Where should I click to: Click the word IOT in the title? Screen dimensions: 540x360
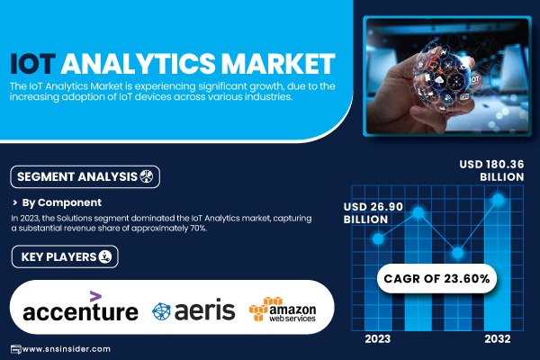32,64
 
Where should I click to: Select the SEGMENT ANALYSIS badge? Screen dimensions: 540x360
85,176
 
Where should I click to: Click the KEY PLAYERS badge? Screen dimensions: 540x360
65,256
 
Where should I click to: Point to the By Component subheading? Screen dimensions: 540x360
61,202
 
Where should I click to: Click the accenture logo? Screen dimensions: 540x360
80,307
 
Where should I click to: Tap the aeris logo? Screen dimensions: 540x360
193,310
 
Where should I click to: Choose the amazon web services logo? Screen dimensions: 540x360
283,309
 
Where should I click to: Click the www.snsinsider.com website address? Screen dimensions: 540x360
66,349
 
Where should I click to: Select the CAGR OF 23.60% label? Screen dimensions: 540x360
436,278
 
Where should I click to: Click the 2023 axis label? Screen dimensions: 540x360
377,339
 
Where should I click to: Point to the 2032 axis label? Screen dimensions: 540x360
498,339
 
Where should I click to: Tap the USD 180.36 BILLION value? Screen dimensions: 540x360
491,170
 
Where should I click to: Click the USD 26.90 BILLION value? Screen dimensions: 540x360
373,213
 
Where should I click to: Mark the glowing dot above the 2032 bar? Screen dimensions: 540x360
498,199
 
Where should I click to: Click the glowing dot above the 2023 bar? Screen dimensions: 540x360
378,238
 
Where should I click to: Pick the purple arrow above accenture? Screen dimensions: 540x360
95,296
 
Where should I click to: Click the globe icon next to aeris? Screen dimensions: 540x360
161,311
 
